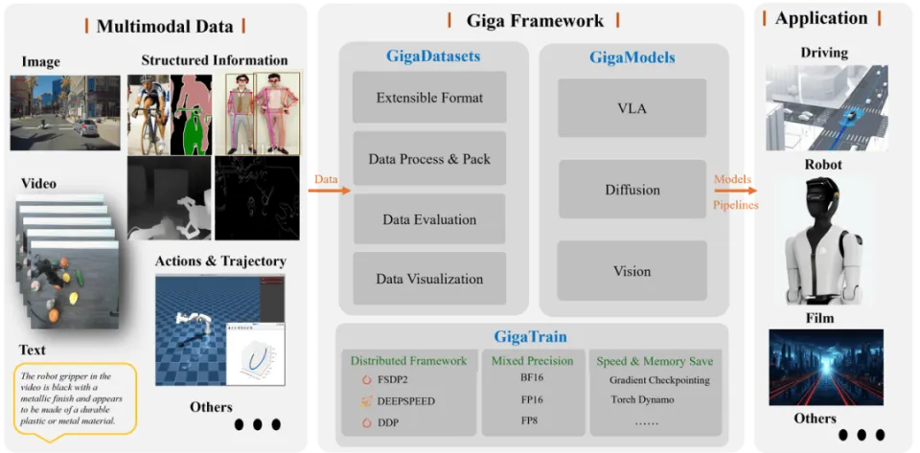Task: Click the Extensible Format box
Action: coord(429,98)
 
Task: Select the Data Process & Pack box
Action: coord(429,158)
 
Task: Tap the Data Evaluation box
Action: coord(429,219)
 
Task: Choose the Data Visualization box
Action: coord(429,279)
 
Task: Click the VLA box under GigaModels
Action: coord(632,108)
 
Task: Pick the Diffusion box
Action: coord(632,190)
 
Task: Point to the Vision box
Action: coord(632,271)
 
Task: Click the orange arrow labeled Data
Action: coord(329,191)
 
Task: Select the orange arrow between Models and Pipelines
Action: coord(735,191)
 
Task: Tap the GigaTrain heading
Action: coord(530,336)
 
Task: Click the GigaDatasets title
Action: coord(433,57)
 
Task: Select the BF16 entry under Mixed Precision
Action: coord(532,378)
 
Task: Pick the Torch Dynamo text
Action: coord(642,400)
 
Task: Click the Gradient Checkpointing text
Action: coord(659,380)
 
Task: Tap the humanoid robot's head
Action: coord(822,198)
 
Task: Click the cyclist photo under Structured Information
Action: coord(149,115)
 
